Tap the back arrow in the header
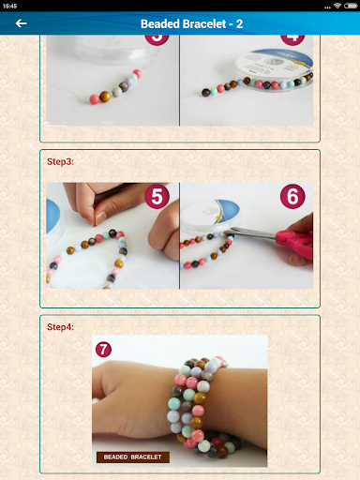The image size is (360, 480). click(21, 23)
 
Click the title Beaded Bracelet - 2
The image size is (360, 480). click(191, 23)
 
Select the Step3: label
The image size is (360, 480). click(60, 161)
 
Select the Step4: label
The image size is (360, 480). click(60, 326)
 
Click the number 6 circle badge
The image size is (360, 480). click(292, 198)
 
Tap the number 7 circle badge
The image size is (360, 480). click(103, 349)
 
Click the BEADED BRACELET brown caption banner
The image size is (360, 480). click(132, 457)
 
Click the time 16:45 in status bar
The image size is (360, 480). click(9, 5)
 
